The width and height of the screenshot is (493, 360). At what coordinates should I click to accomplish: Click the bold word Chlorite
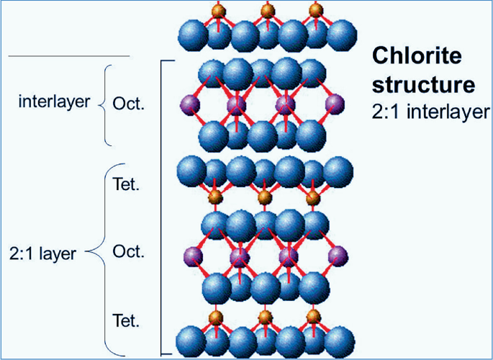point(417,56)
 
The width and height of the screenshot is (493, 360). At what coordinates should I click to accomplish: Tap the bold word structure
point(423,84)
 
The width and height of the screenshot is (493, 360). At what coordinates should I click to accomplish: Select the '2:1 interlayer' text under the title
point(431,112)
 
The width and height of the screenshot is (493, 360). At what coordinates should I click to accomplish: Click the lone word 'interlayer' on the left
point(54,102)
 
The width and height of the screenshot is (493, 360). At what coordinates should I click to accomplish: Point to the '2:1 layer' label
point(42,253)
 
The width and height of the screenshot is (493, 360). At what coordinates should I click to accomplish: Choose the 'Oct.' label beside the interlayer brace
point(128,104)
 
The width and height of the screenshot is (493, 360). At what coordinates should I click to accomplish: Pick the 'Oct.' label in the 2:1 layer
point(128,251)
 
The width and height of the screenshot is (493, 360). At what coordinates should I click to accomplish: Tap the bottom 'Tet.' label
point(125,320)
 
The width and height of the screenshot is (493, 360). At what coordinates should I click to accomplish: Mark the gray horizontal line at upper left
point(69,56)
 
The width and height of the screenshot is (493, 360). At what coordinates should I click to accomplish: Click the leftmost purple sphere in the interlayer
point(190,105)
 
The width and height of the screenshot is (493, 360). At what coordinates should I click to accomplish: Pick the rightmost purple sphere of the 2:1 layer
point(338,256)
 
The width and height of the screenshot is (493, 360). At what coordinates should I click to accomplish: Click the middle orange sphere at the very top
point(267,11)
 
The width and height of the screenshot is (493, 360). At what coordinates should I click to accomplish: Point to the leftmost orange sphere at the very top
point(219,11)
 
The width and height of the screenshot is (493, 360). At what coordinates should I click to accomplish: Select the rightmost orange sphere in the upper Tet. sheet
point(313,198)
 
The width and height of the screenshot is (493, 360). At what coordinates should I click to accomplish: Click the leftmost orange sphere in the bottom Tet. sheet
point(216,318)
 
